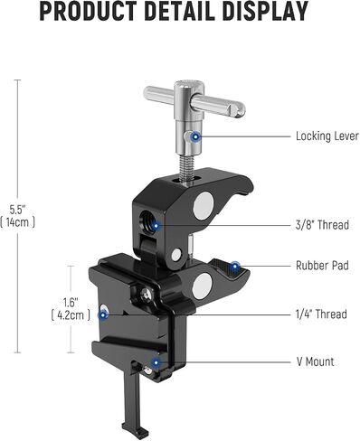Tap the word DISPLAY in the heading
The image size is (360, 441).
(266, 12)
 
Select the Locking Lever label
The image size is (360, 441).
(327, 136)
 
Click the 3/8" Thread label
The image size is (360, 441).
(322, 225)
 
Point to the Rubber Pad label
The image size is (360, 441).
(322, 266)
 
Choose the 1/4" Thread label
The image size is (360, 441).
(321, 314)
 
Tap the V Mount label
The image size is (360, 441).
(316, 361)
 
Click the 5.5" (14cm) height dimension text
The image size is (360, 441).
(18, 216)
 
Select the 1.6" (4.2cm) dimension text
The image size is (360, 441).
(71, 308)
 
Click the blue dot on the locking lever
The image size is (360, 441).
(195, 137)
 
